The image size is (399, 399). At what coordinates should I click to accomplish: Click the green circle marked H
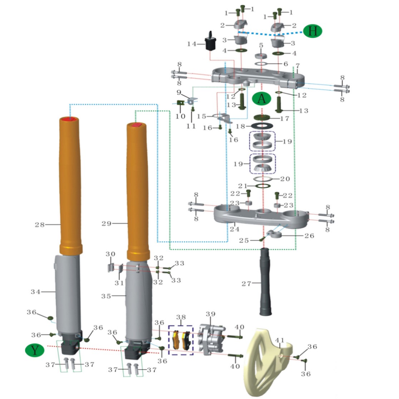(x=312, y=31)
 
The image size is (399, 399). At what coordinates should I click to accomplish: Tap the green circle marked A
(x=262, y=98)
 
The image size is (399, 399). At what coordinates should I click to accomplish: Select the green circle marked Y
(x=35, y=350)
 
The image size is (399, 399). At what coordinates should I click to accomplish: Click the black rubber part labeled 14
(x=211, y=43)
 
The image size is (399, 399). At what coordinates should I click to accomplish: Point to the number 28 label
(x=40, y=225)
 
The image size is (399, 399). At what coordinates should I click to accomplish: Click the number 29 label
(x=107, y=224)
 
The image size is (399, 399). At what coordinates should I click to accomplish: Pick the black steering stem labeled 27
(x=265, y=282)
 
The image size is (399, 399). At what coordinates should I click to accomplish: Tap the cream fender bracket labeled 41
(x=265, y=361)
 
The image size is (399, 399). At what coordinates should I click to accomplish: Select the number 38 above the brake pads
(x=181, y=317)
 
